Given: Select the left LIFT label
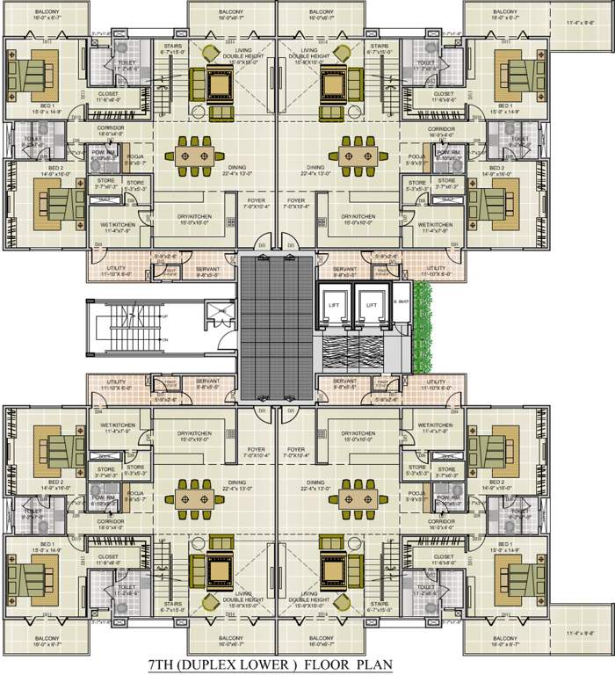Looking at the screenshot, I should click(x=334, y=304).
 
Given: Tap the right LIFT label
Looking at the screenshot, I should click(x=372, y=304).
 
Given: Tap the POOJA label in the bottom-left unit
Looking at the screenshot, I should click(x=134, y=494).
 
